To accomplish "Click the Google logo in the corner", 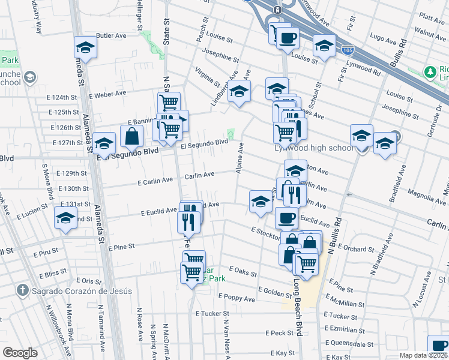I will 20,353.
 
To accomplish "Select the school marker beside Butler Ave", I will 86,47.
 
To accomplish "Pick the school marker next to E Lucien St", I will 66,217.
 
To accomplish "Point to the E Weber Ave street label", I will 107,94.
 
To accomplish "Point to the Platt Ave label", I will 432,17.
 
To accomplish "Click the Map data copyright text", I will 424,355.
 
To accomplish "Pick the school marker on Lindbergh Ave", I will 239,92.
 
